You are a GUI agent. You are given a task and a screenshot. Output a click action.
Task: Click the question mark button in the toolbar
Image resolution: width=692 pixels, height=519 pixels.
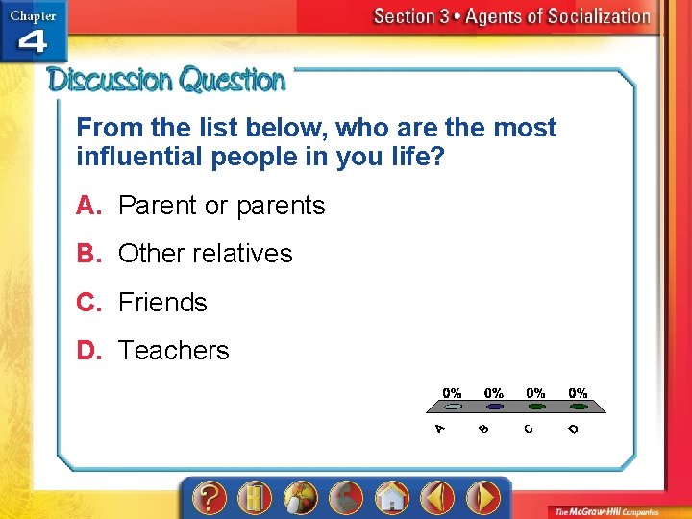209,498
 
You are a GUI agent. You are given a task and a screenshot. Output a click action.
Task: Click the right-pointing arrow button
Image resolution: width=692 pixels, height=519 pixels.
482,498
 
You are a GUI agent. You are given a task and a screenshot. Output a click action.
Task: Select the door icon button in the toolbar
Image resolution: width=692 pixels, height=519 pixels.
255,498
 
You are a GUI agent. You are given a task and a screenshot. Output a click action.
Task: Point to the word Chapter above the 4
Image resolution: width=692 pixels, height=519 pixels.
33,14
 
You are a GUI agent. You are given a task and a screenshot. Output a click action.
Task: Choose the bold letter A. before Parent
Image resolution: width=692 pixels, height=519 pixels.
89,206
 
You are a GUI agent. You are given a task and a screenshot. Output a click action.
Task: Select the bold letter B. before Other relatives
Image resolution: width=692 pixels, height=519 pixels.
89,254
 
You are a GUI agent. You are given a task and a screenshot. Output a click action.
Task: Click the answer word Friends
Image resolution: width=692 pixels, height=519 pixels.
162,303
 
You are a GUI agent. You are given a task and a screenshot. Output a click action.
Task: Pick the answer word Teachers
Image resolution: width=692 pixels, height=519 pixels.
173,351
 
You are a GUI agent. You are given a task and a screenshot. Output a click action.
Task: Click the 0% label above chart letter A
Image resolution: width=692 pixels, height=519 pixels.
452,393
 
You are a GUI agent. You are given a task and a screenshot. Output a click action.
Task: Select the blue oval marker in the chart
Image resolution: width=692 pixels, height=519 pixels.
493,407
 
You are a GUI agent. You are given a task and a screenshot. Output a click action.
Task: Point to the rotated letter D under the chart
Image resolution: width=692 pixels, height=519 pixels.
573,429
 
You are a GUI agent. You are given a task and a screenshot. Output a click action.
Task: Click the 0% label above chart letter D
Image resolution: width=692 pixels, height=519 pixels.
578,393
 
